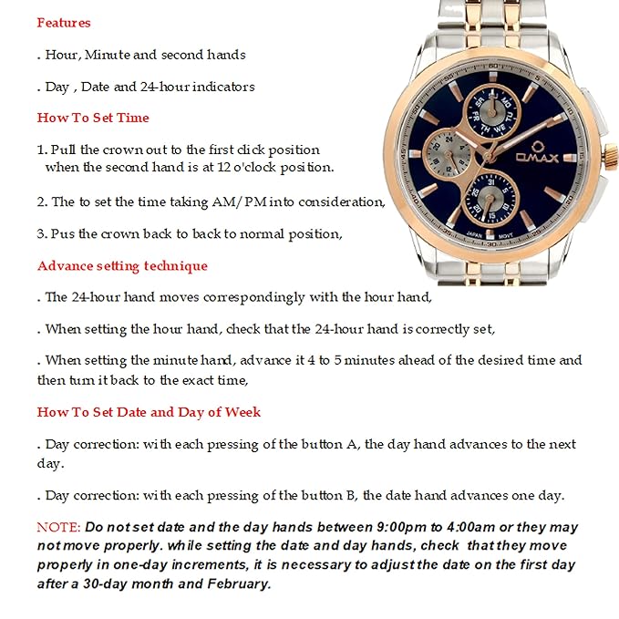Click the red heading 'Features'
(x=64, y=22)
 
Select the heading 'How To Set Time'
(x=93, y=118)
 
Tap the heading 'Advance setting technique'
(x=122, y=266)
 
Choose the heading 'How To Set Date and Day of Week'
(x=149, y=412)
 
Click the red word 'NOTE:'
(x=58, y=528)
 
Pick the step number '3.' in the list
(x=42, y=233)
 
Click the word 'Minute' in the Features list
(x=108, y=55)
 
